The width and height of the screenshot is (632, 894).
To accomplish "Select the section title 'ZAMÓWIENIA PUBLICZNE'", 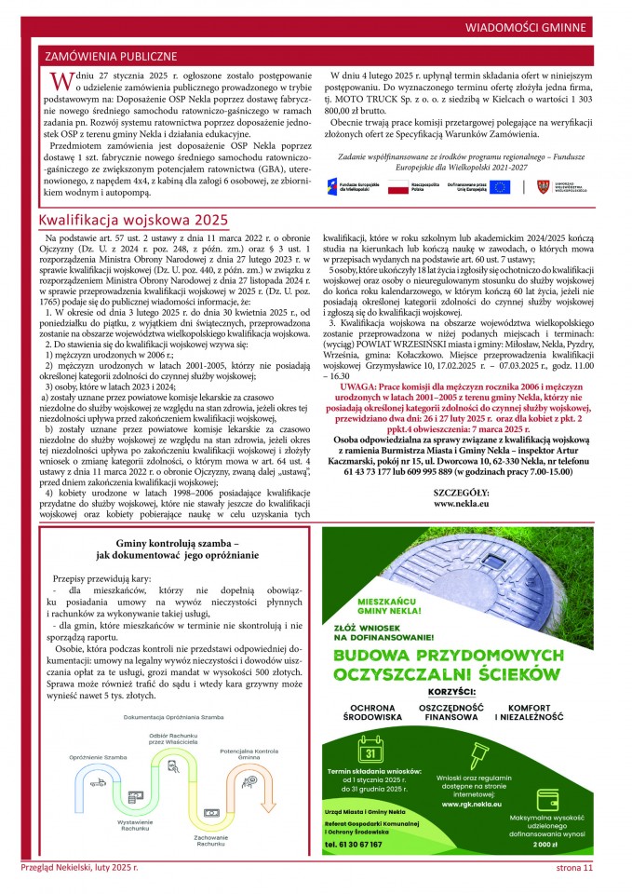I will (111, 57).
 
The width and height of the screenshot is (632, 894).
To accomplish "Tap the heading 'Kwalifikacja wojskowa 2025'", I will (133, 220).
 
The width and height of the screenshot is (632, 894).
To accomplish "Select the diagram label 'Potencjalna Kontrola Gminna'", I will (249, 754).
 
